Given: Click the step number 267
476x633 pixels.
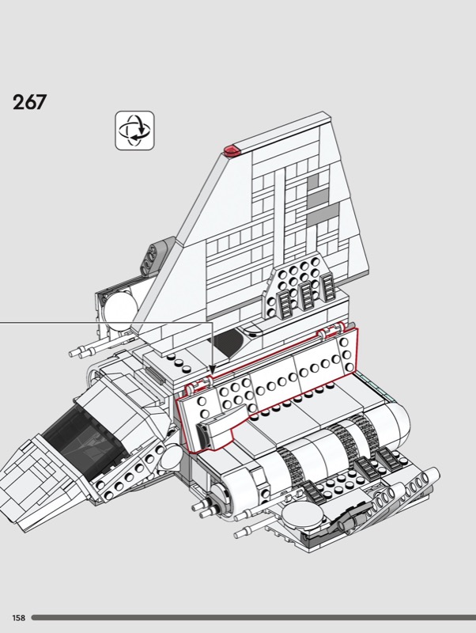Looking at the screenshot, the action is (x=29, y=102).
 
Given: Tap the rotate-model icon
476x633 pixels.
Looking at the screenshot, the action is (x=134, y=131).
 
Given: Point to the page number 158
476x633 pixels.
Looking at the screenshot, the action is (x=18, y=618).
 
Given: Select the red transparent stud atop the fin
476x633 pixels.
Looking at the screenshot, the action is (x=232, y=150).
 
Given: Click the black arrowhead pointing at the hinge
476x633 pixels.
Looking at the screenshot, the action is (x=212, y=370).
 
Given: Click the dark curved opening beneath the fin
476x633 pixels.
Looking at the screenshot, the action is (x=227, y=343).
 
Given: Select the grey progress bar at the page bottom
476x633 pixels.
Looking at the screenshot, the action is (x=254, y=618).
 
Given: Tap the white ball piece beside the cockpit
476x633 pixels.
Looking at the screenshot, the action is (x=172, y=456).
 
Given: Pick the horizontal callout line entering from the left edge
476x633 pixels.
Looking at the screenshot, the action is (x=106, y=323).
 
